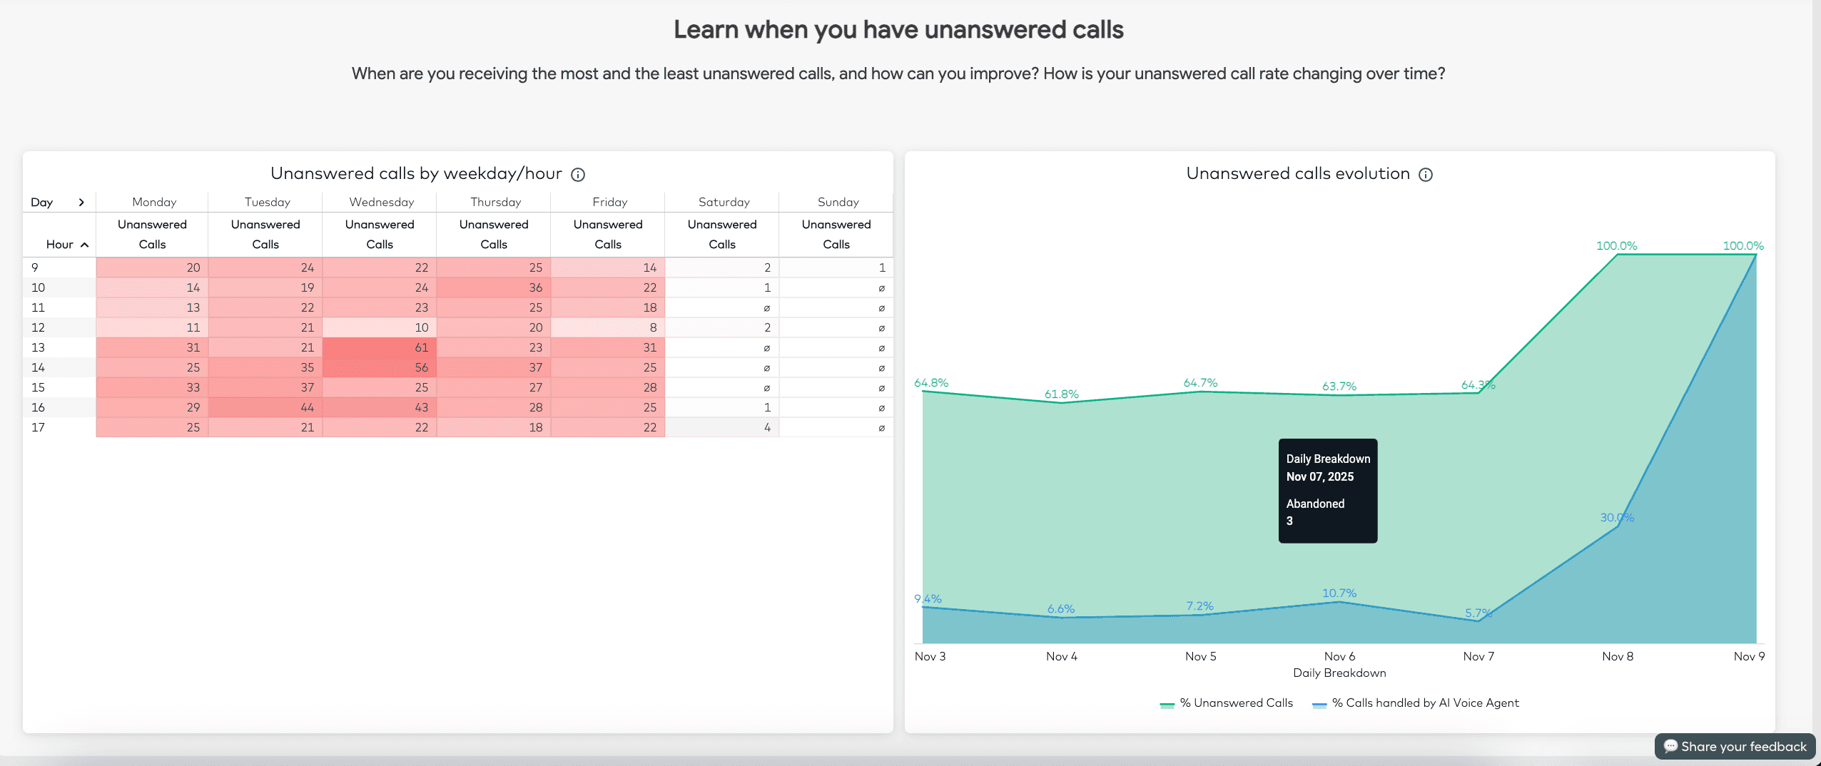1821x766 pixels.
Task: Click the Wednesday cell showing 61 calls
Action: [380, 347]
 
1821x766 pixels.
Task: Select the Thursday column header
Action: [495, 202]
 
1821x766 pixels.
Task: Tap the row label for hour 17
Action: [39, 427]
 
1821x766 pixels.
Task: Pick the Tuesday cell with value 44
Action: [265, 407]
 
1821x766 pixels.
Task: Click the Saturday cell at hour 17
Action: [722, 427]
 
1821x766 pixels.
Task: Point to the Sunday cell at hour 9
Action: [836, 267]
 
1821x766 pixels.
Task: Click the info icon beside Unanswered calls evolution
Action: [1425, 175]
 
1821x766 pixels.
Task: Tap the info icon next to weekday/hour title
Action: [578, 175]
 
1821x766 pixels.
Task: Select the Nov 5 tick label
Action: [1200, 656]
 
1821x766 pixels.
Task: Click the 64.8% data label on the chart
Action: [931, 383]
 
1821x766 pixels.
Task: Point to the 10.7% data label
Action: [1339, 593]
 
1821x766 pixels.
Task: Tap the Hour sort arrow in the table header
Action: [84, 245]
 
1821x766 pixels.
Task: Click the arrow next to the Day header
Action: [81, 203]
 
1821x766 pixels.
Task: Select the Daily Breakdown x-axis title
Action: [1339, 673]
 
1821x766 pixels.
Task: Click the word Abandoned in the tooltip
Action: [1315, 504]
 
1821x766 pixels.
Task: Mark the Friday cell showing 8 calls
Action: [608, 327]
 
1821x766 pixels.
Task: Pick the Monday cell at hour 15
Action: [152, 387]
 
